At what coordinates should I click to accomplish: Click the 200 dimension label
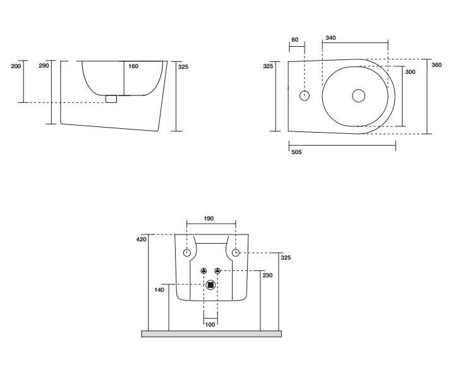(16, 66)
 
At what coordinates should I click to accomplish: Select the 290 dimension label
(44, 66)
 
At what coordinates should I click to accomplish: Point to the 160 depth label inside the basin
(133, 66)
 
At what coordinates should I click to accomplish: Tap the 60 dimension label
(294, 40)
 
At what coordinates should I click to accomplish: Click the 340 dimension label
(331, 38)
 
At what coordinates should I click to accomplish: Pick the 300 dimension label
(410, 72)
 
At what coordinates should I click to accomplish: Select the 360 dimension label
(436, 65)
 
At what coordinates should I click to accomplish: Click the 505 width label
(296, 152)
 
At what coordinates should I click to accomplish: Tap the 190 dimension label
(209, 219)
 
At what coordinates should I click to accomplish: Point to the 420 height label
(142, 239)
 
